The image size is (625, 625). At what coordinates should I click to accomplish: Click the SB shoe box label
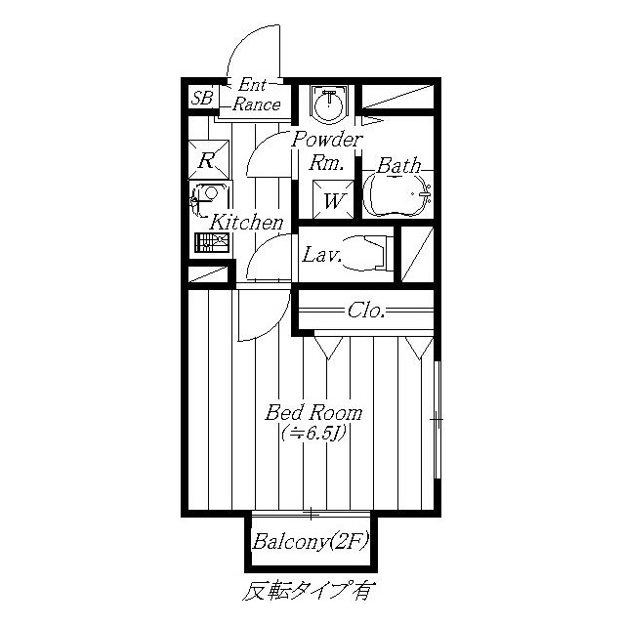pyautogui.click(x=202, y=98)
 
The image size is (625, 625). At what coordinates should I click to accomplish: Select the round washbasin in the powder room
pyautogui.click(x=328, y=104)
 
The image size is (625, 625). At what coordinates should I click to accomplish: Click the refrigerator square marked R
pyautogui.click(x=208, y=159)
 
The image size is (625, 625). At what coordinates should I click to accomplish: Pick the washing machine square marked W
pyautogui.click(x=333, y=199)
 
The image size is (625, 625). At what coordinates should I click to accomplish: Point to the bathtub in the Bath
pyautogui.click(x=397, y=194)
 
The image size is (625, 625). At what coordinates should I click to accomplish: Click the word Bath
pyautogui.click(x=398, y=165)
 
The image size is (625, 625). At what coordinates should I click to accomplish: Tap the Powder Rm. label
pyautogui.click(x=326, y=151)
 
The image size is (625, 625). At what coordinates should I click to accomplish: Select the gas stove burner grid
pyautogui.click(x=212, y=243)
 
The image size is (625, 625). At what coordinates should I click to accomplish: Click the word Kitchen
pyautogui.click(x=246, y=223)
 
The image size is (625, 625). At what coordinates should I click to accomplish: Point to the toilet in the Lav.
pyautogui.click(x=366, y=253)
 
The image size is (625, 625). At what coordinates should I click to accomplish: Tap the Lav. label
pyautogui.click(x=321, y=255)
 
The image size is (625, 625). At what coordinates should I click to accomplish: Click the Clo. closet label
pyautogui.click(x=366, y=311)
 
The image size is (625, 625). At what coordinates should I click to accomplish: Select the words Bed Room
pyautogui.click(x=313, y=412)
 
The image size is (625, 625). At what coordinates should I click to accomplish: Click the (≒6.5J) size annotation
pyautogui.click(x=312, y=433)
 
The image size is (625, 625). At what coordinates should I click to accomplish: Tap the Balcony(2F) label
pyautogui.click(x=310, y=541)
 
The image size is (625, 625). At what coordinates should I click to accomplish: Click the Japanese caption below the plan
pyautogui.click(x=310, y=591)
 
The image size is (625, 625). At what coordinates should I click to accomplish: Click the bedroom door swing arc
pyautogui.click(x=275, y=326)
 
